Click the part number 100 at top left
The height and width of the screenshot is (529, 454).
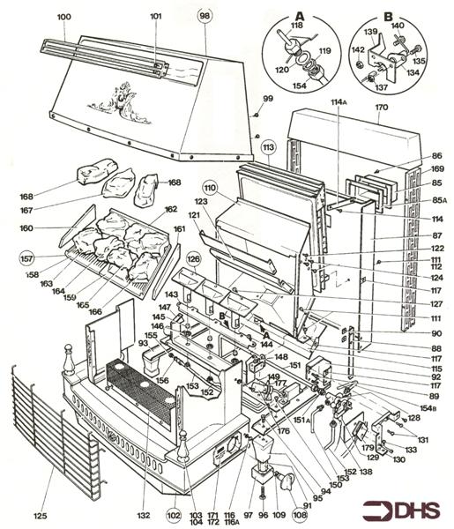[64, 17]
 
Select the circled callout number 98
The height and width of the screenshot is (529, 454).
[205, 17]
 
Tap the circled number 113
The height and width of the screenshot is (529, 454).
[267, 146]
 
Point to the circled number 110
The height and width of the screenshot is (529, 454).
[209, 187]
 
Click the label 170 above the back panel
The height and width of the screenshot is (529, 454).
[381, 108]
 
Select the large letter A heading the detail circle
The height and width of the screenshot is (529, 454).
[300, 13]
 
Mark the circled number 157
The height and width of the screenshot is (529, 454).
[27, 258]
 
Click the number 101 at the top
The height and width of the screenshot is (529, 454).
[156, 17]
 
